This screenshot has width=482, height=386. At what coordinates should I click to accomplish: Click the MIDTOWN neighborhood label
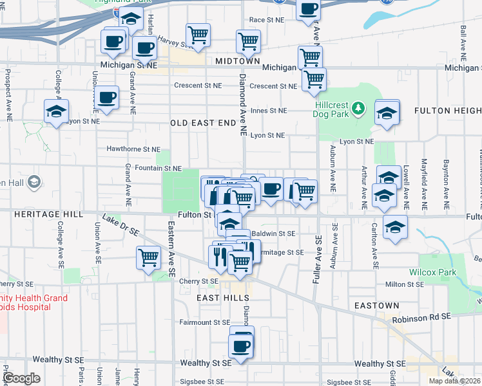tap(237, 60)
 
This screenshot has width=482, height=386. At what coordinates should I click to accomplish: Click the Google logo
tap(22, 378)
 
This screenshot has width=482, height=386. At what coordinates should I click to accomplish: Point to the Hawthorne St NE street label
tap(133, 149)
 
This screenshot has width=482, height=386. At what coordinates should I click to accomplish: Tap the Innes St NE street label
tap(268, 111)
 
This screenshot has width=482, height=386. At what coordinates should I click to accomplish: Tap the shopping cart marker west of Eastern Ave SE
tap(148, 257)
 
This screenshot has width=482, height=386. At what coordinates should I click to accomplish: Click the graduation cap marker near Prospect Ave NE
tap(57, 111)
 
